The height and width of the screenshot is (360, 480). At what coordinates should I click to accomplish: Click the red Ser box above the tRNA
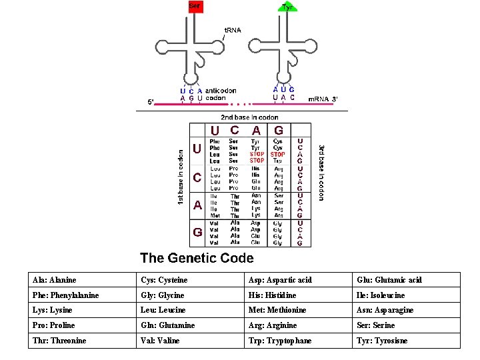(195, 7)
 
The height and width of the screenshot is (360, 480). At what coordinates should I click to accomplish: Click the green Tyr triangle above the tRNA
(287, 7)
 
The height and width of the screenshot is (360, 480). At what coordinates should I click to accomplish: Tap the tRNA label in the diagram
(232, 30)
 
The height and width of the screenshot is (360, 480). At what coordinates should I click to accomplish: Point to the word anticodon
(221, 90)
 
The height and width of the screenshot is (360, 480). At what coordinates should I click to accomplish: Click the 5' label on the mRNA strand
(151, 102)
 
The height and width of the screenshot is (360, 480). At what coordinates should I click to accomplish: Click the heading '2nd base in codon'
(250, 117)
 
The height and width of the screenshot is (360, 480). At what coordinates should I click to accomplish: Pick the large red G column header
(279, 131)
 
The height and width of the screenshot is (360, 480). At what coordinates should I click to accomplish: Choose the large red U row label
(197, 149)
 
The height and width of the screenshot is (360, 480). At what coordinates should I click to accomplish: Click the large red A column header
(256, 131)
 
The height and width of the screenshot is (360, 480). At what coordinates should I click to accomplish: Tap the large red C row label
(197, 178)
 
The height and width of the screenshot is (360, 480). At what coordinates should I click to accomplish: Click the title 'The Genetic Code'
(197, 257)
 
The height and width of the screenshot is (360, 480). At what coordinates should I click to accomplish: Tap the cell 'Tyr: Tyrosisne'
(381, 341)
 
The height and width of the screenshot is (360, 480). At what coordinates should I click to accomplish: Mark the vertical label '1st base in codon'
(180, 176)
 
